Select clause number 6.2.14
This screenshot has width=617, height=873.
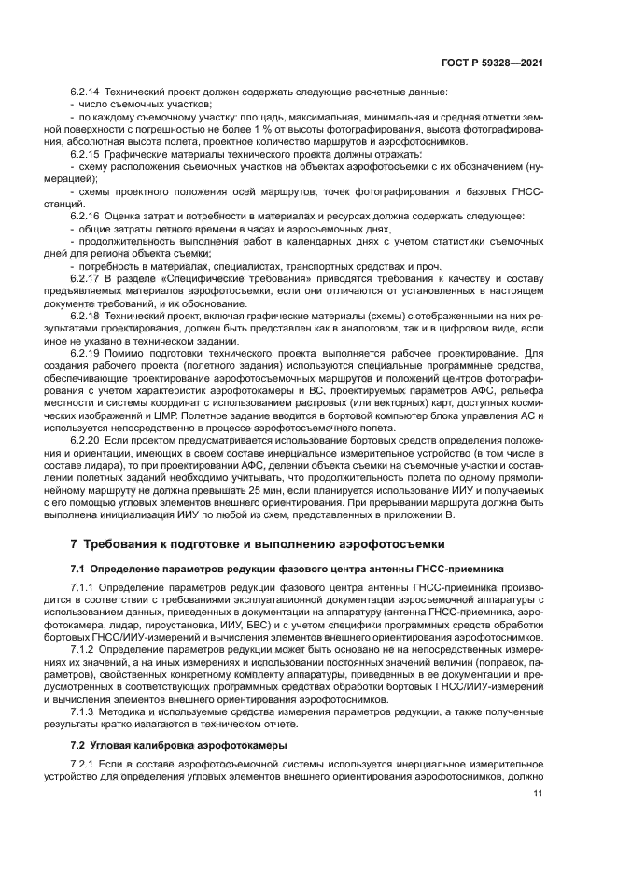[x=85, y=92]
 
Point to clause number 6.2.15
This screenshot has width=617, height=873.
[x=85, y=152]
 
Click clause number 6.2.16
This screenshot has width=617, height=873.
[x=85, y=216]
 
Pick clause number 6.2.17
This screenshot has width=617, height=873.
[x=85, y=277]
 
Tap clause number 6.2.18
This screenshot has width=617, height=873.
[x=85, y=315]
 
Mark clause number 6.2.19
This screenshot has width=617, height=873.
[x=85, y=354]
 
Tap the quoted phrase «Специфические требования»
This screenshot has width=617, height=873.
[x=206, y=277]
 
